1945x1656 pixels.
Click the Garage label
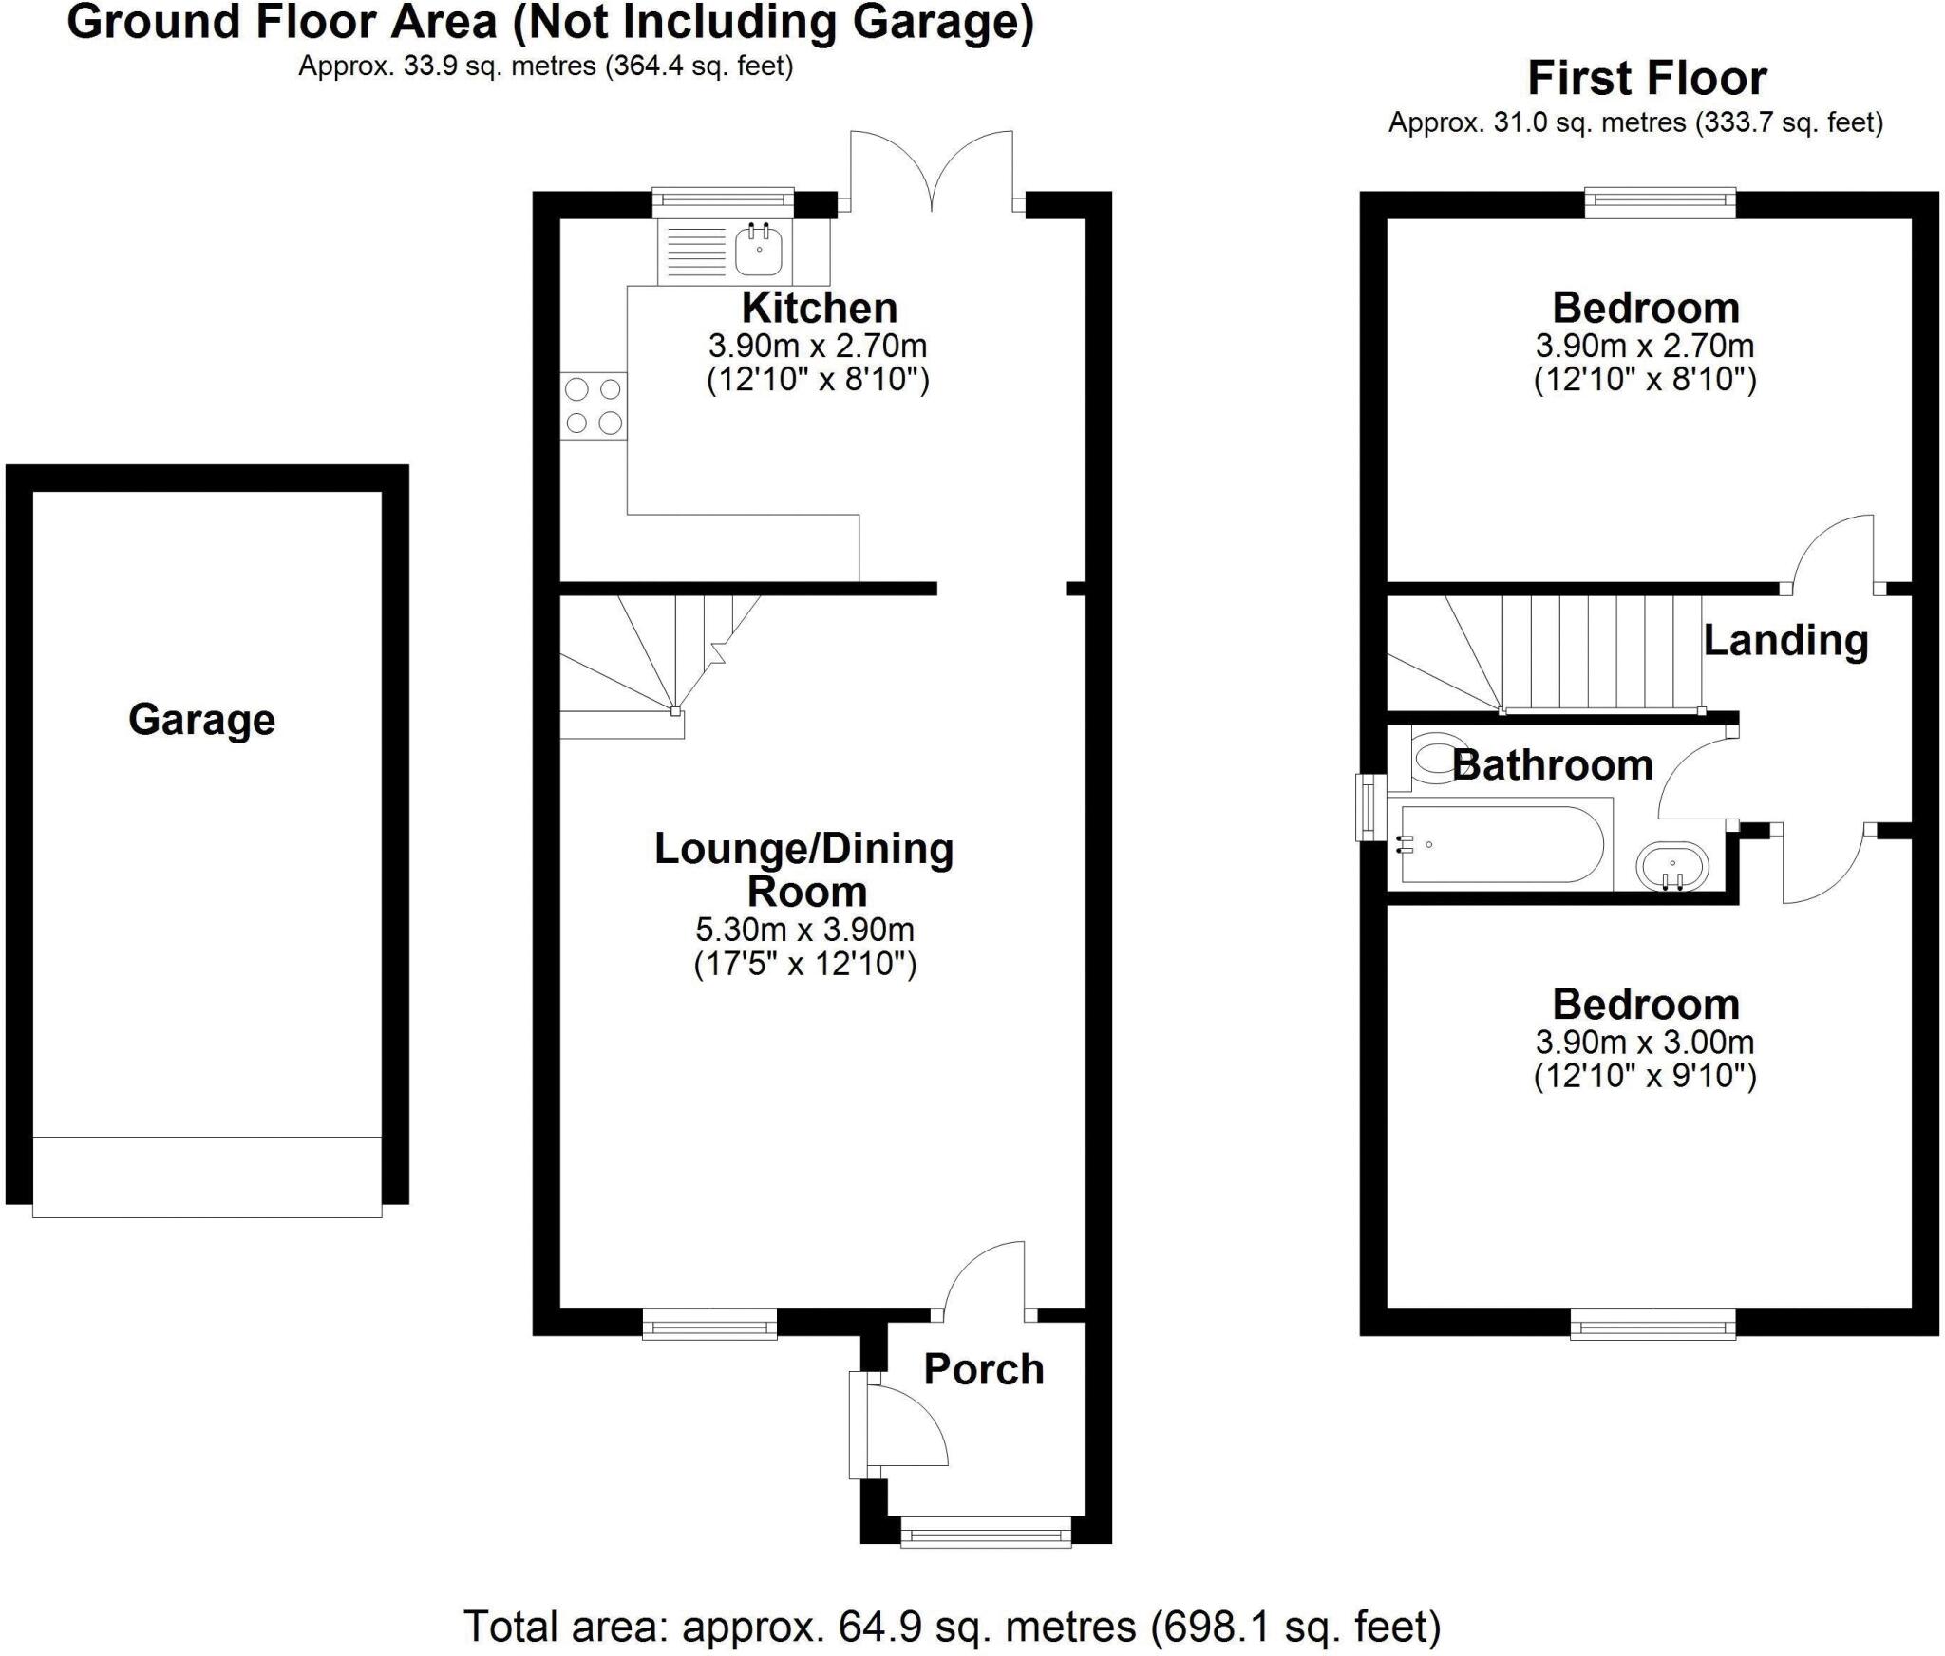pos(201,720)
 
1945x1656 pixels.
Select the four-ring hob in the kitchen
pos(593,405)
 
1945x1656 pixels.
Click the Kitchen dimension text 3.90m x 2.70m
pos(818,346)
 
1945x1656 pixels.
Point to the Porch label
pos(983,1369)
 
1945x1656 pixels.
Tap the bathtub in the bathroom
pos(1501,844)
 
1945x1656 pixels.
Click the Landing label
pos(1785,640)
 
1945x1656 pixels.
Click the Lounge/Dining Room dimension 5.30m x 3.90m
pos(804,929)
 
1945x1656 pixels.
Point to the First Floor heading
pos(1647,78)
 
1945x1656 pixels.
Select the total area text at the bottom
pos(952,1626)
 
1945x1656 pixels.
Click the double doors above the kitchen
pos(932,171)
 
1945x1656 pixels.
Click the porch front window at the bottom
pos(985,1558)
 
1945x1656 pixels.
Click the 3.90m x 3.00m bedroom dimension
pos(1644,1042)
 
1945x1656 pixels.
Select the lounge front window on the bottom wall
pos(709,1324)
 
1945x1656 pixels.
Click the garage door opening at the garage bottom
pos(207,1176)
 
